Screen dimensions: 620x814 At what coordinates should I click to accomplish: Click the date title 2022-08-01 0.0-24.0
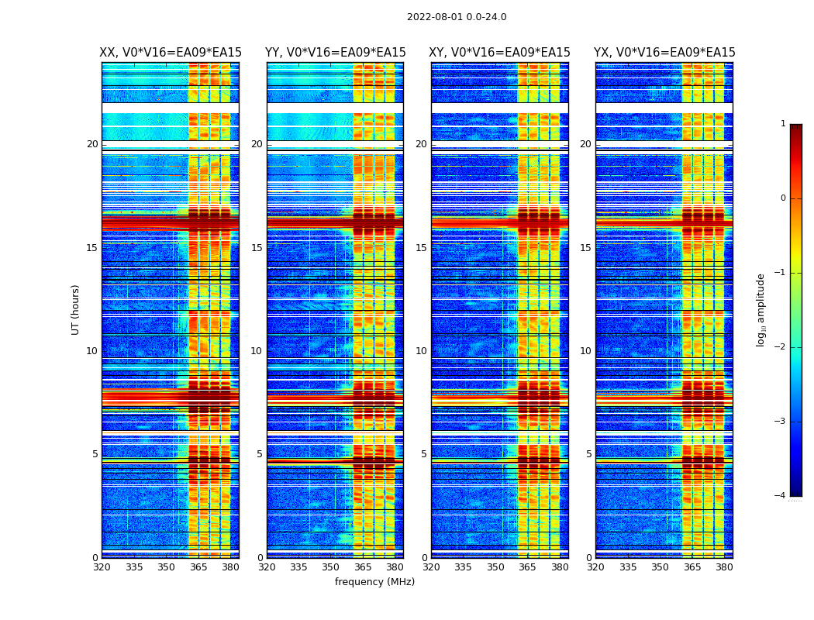click(457, 17)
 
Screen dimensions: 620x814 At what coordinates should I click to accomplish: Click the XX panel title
click(171, 53)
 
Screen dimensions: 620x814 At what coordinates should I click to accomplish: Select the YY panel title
click(335, 53)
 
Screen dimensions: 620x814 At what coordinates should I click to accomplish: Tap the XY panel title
click(500, 53)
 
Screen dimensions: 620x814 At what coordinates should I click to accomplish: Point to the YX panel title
click(664, 53)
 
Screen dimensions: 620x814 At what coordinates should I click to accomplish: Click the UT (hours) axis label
click(76, 309)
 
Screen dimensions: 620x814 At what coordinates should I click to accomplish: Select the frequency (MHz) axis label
click(374, 582)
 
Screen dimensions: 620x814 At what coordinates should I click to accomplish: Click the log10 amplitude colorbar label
click(761, 309)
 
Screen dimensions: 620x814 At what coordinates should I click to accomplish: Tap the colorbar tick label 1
click(782, 124)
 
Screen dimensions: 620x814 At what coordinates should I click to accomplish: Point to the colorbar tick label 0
click(782, 198)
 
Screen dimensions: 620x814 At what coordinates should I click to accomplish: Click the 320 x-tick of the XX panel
click(102, 567)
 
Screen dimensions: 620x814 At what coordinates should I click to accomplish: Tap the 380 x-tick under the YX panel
click(724, 567)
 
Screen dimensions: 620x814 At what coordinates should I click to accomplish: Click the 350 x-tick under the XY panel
click(495, 567)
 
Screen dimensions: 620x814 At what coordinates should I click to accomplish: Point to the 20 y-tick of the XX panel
click(92, 144)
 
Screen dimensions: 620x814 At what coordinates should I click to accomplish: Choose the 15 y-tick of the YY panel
click(257, 248)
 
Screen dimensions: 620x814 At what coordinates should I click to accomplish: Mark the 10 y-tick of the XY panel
click(421, 351)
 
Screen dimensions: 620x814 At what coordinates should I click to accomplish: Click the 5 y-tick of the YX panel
click(588, 454)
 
